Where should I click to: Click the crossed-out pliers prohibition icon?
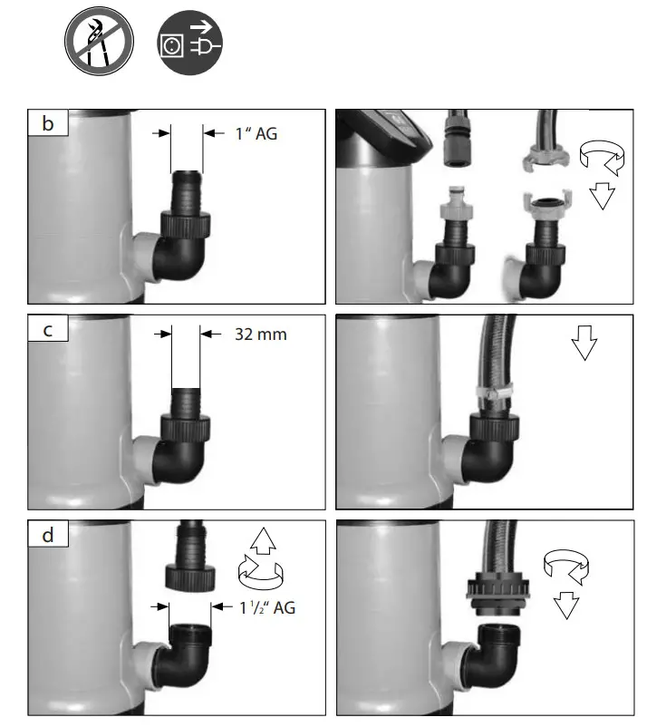(99, 42)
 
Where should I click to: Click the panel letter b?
(48, 124)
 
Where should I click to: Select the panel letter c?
(48, 330)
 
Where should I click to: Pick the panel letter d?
(48, 536)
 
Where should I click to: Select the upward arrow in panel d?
(261, 543)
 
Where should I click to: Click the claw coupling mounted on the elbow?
(546, 207)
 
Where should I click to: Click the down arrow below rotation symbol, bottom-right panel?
(567, 605)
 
